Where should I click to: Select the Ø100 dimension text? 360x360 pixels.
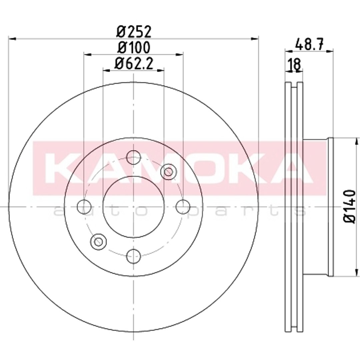point(134,48)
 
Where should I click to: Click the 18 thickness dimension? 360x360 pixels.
point(294,65)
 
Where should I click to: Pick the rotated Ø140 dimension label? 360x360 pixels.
point(350,206)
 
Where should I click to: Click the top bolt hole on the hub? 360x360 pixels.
point(133,157)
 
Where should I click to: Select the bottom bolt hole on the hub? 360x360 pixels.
point(133,256)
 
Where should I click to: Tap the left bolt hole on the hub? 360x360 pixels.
point(84,207)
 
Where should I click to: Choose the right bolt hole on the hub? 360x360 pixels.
point(183,207)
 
